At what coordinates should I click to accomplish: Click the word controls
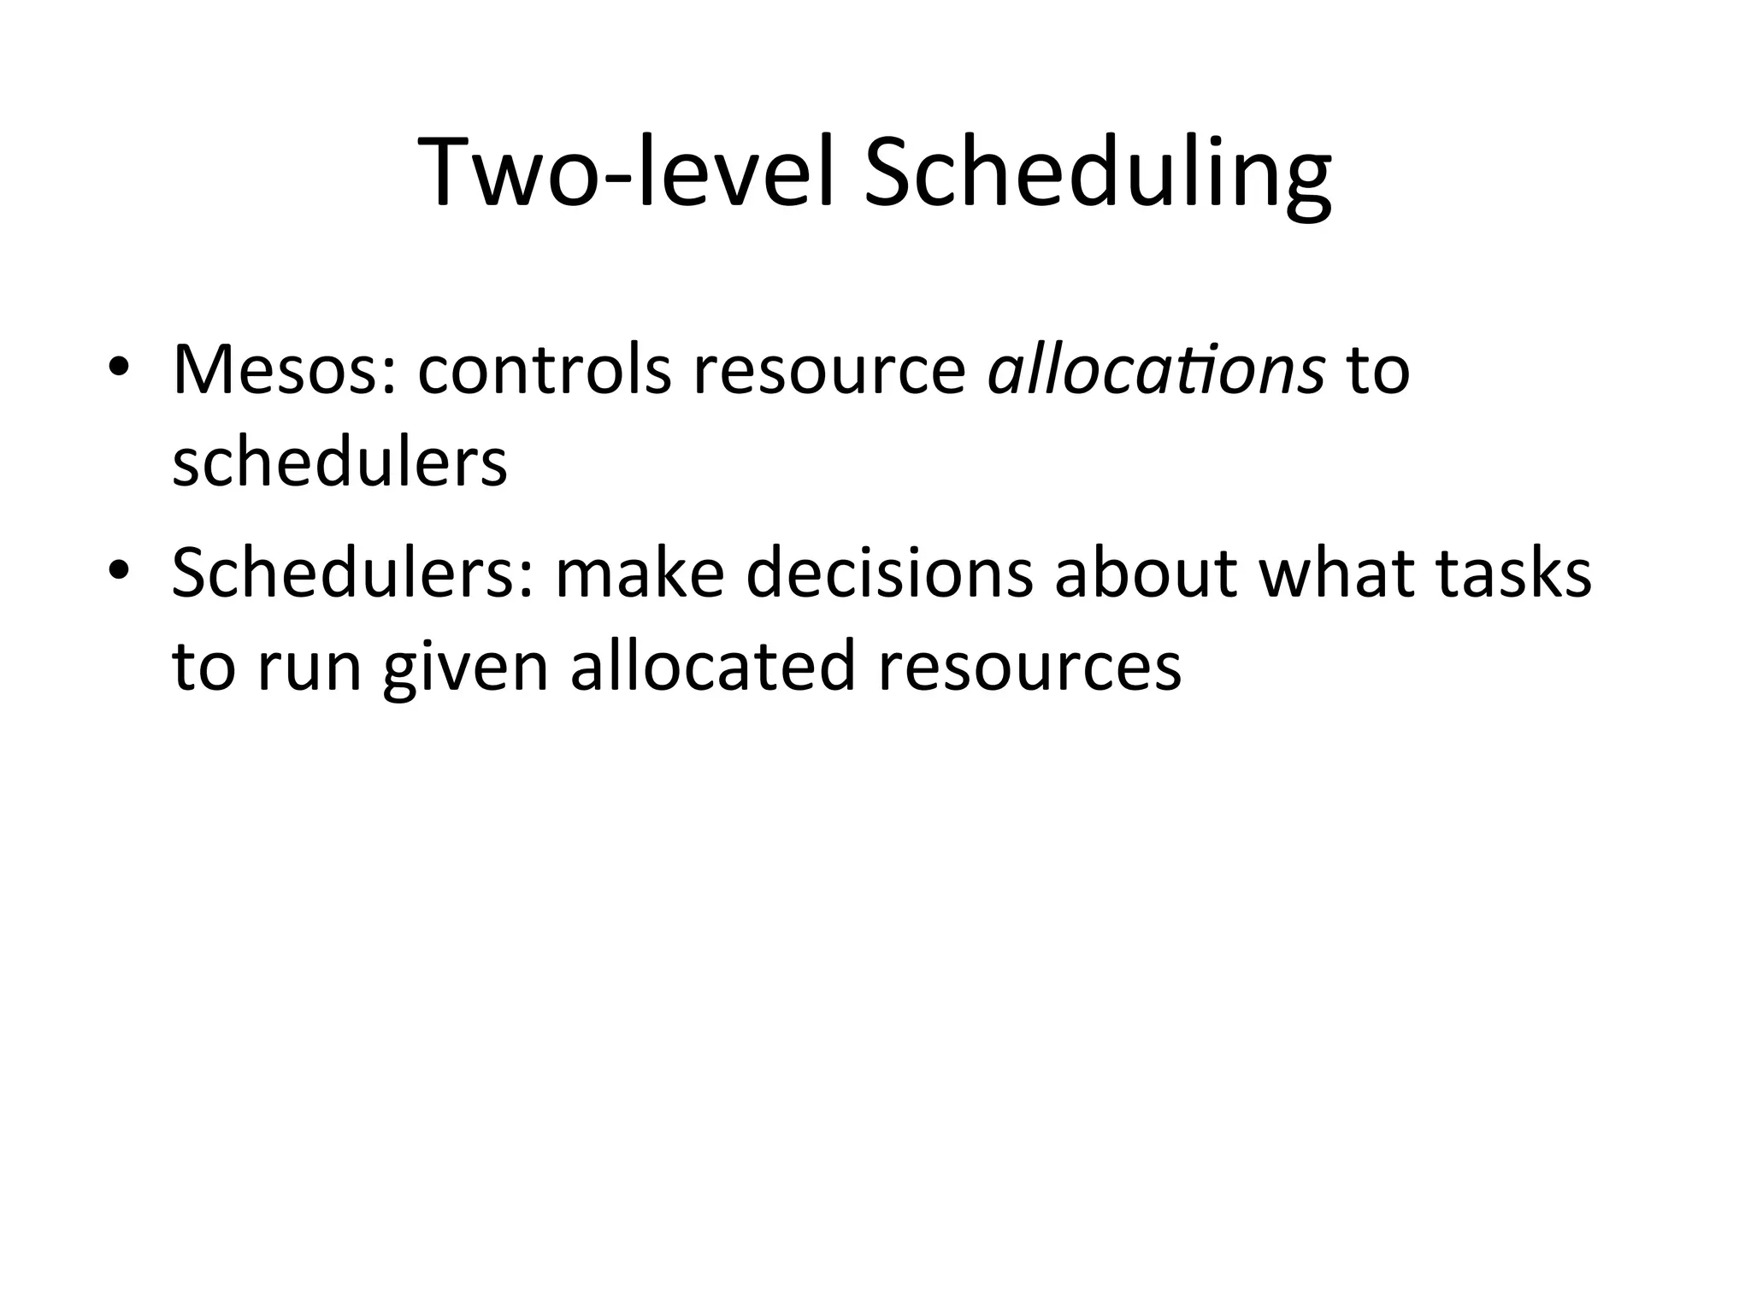(545, 370)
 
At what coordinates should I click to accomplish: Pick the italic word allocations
(1156, 370)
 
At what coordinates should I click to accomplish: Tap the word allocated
(713, 664)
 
